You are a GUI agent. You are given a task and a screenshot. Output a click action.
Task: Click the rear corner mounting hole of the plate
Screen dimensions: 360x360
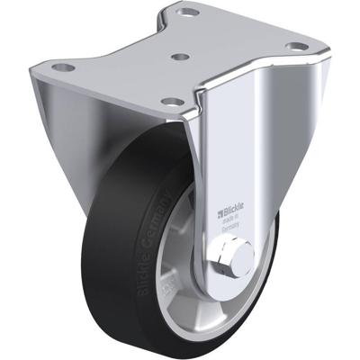[188, 13]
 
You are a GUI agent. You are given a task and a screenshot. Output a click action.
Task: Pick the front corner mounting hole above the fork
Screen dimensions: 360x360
[170, 102]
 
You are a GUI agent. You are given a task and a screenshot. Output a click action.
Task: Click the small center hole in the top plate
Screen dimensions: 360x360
[180, 56]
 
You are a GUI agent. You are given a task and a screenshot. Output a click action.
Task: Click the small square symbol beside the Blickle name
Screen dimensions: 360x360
[217, 214]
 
